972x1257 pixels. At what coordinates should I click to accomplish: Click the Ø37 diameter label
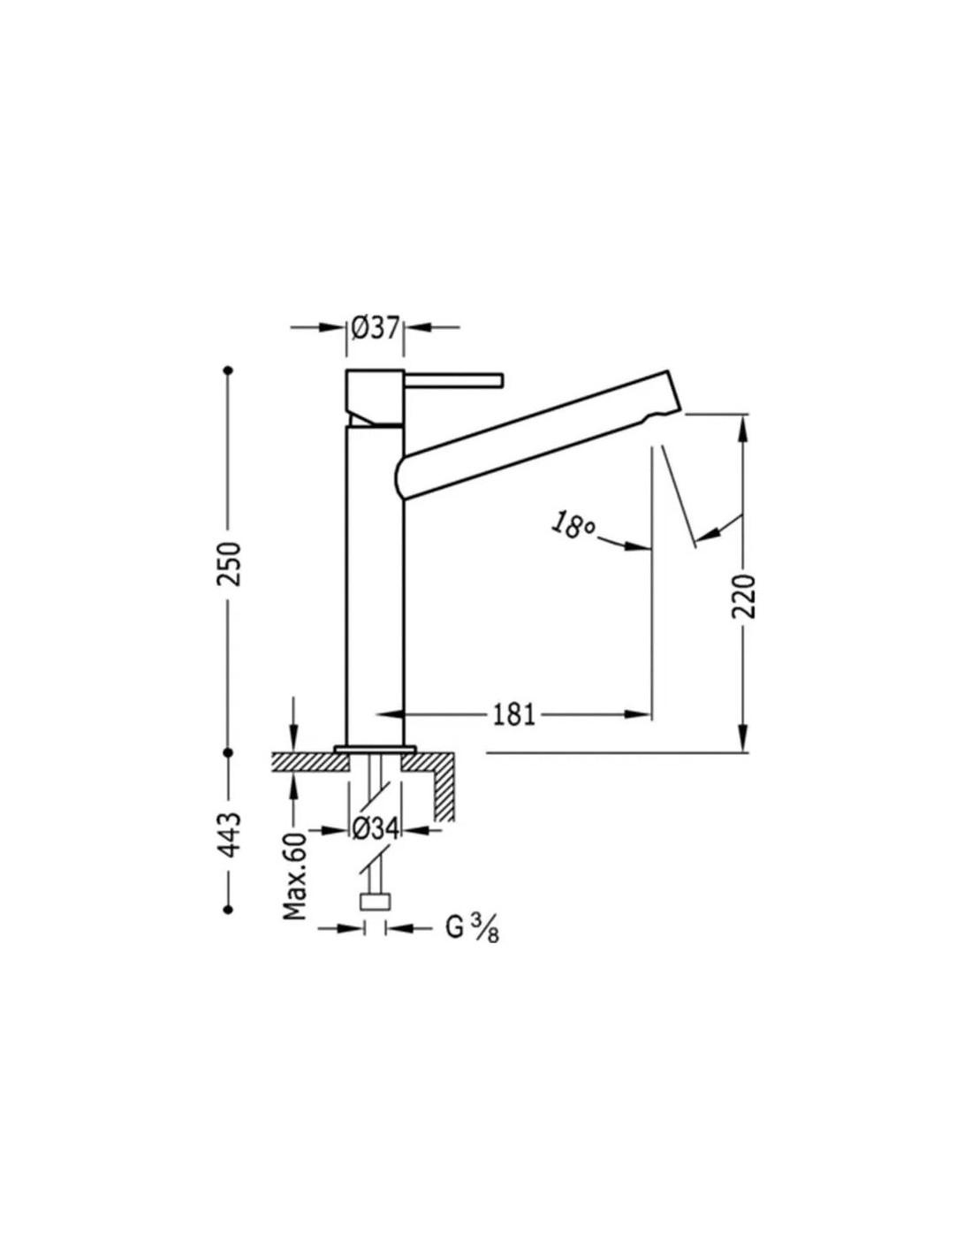[375, 330]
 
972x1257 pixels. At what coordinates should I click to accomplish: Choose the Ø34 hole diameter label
[376, 830]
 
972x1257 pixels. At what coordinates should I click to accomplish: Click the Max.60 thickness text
[295, 876]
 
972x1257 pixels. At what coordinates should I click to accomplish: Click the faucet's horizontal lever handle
[454, 380]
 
